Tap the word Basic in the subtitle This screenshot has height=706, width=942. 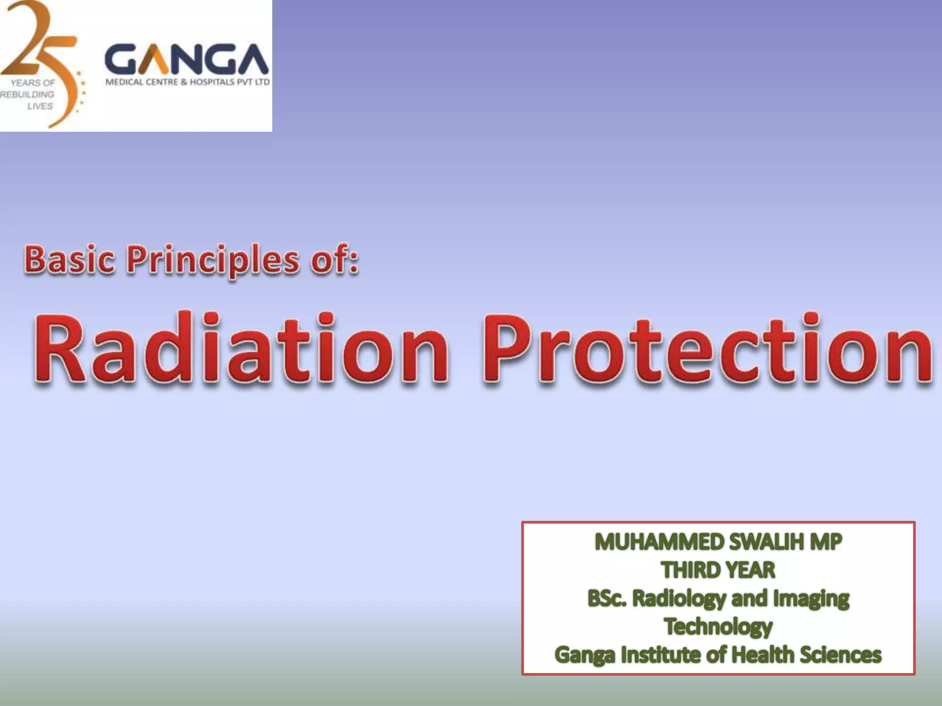[x=69, y=260]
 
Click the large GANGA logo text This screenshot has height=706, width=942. [x=187, y=60]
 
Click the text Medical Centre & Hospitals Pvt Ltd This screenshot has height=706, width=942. [x=188, y=83]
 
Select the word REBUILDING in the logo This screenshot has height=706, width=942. [x=28, y=94]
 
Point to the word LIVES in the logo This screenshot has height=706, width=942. [x=40, y=106]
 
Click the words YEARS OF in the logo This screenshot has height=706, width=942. [x=33, y=83]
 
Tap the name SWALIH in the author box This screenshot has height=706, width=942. [x=766, y=542]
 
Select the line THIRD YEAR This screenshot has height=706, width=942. [x=718, y=570]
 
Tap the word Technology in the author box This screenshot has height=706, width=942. [x=718, y=626]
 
